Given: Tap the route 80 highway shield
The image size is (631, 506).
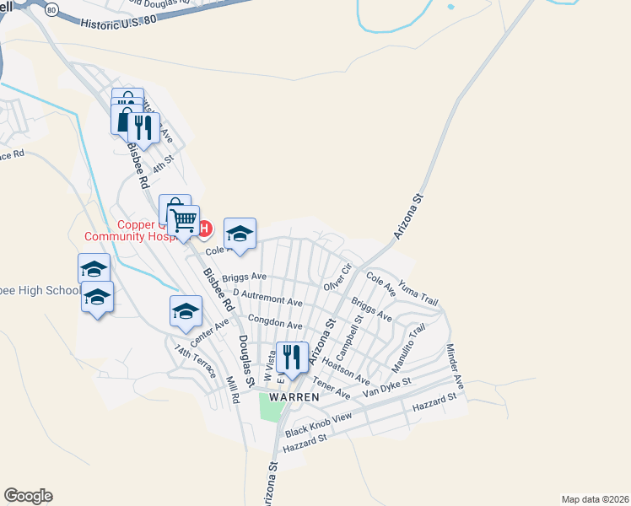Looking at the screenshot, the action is point(51,10).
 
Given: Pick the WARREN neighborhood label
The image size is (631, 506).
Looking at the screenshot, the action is point(294,396).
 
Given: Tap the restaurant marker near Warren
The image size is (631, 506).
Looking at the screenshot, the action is point(292,357).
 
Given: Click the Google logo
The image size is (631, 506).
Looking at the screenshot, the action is point(28,496).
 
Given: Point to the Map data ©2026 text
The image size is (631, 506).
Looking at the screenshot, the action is point(594,498).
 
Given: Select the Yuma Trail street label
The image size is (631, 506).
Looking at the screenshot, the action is point(418,293).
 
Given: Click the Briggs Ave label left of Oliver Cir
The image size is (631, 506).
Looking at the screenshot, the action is point(245,277).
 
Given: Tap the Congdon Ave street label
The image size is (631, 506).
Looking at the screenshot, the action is point(274,325).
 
